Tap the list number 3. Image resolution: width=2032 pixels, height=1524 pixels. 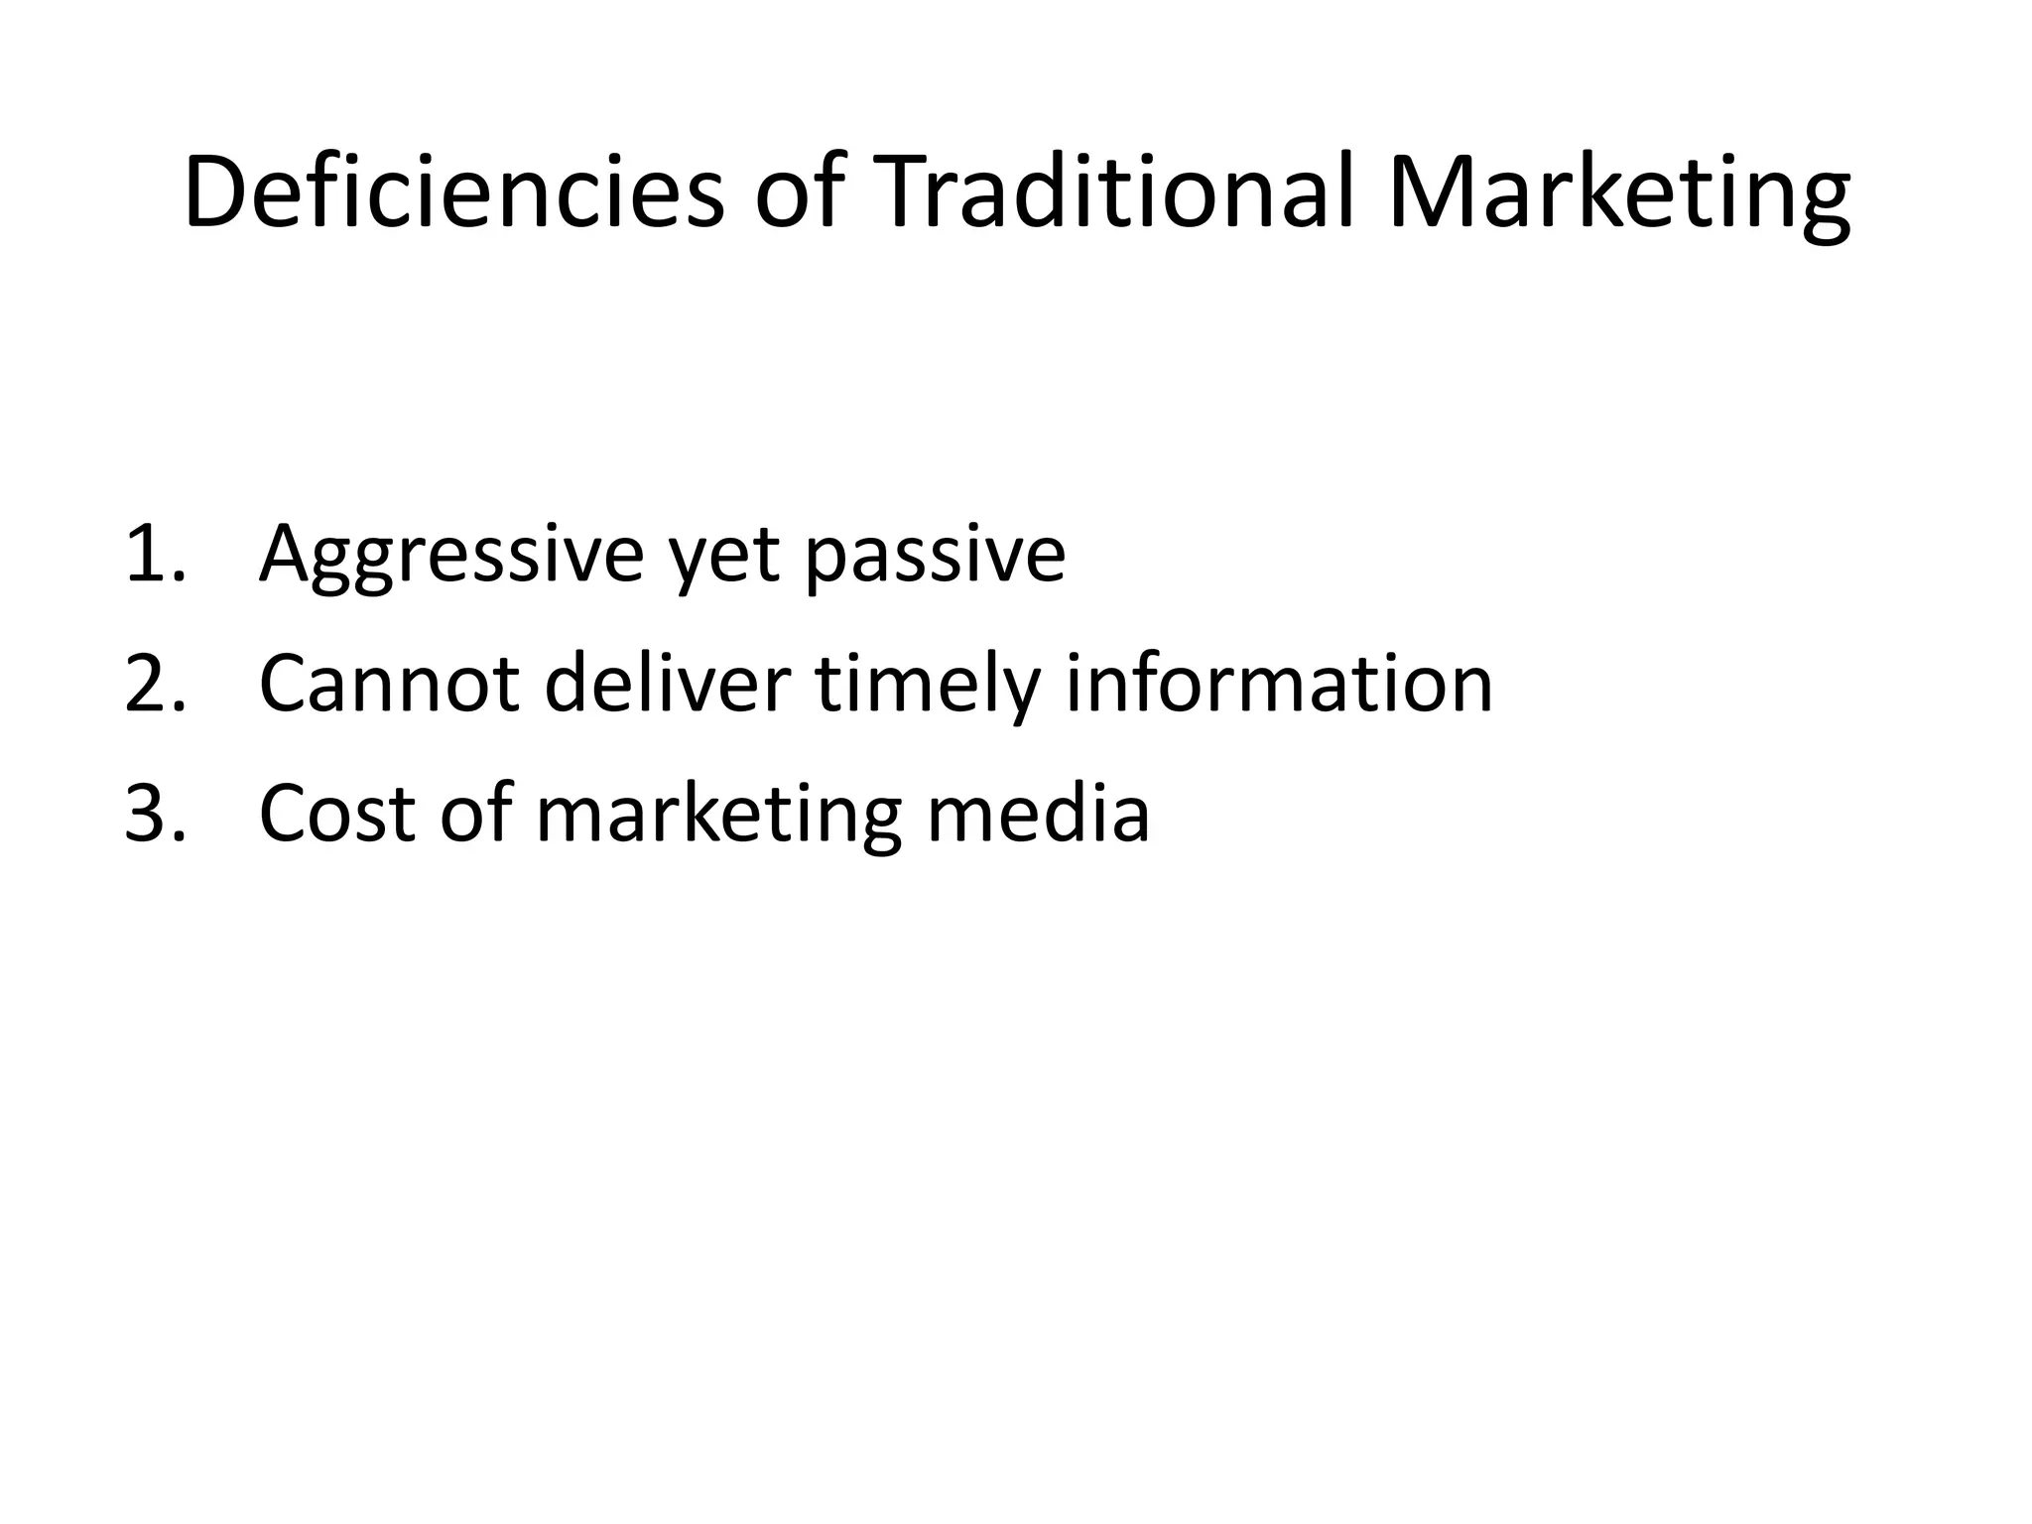coord(154,813)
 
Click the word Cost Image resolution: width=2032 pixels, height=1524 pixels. coord(336,813)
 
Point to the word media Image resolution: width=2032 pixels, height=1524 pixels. coord(1038,813)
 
